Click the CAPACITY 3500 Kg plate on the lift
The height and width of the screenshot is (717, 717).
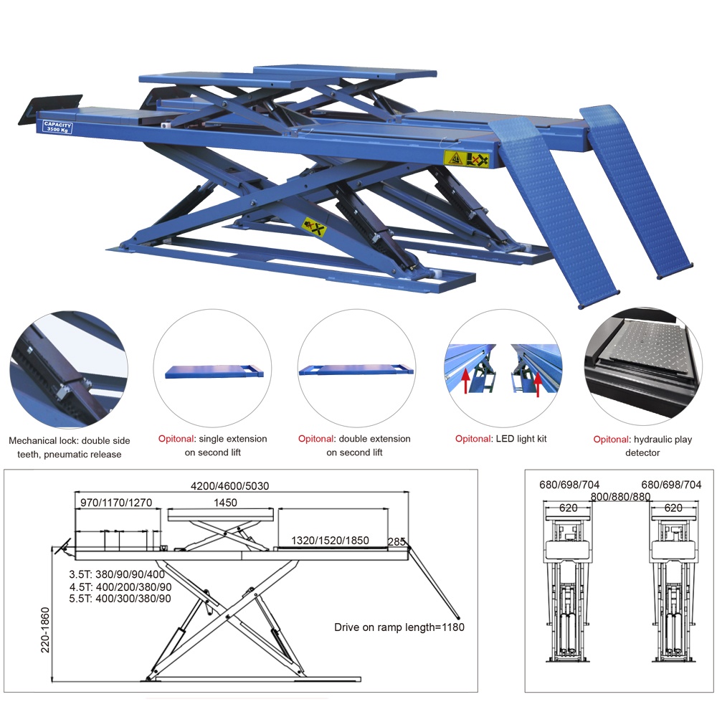pyautogui.click(x=57, y=126)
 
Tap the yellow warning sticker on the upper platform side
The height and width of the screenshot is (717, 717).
pyautogui.click(x=467, y=159)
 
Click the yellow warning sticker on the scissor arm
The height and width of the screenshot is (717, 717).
pyautogui.click(x=315, y=227)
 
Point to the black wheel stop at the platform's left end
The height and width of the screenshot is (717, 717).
pyautogui.click(x=50, y=109)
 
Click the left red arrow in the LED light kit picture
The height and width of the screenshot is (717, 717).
pyautogui.click(x=465, y=382)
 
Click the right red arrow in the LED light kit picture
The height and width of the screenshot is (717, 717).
pyautogui.click(x=538, y=384)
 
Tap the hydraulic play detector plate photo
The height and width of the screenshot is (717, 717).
pyautogui.click(x=643, y=366)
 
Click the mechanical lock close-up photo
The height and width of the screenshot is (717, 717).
pyautogui.click(x=69, y=369)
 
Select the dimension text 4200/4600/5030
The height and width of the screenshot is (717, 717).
pyautogui.click(x=229, y=485)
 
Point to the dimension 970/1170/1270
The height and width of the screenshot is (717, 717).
pyautogui.click(x=116, y=503)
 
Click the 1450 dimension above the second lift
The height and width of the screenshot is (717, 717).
pyautogui.click(x=225, y=503)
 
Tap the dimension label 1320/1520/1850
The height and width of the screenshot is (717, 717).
pyautogui.click(x=330, y=540)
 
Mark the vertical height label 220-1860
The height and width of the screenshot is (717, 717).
pyautogui.click(x=44, y=630)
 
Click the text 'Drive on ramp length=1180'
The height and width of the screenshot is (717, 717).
pyautogui.click(x=399, y=627)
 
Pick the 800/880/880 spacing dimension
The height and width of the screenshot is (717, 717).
pyautogui.click(x=620, y=497)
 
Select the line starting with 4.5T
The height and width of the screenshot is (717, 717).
pyautogui.click(x=120, y=587)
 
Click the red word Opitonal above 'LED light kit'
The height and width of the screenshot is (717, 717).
pyautogui.click(x=473, y=439)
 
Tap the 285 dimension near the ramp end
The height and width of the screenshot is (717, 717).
pyautogui.click(x=397, y=541)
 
